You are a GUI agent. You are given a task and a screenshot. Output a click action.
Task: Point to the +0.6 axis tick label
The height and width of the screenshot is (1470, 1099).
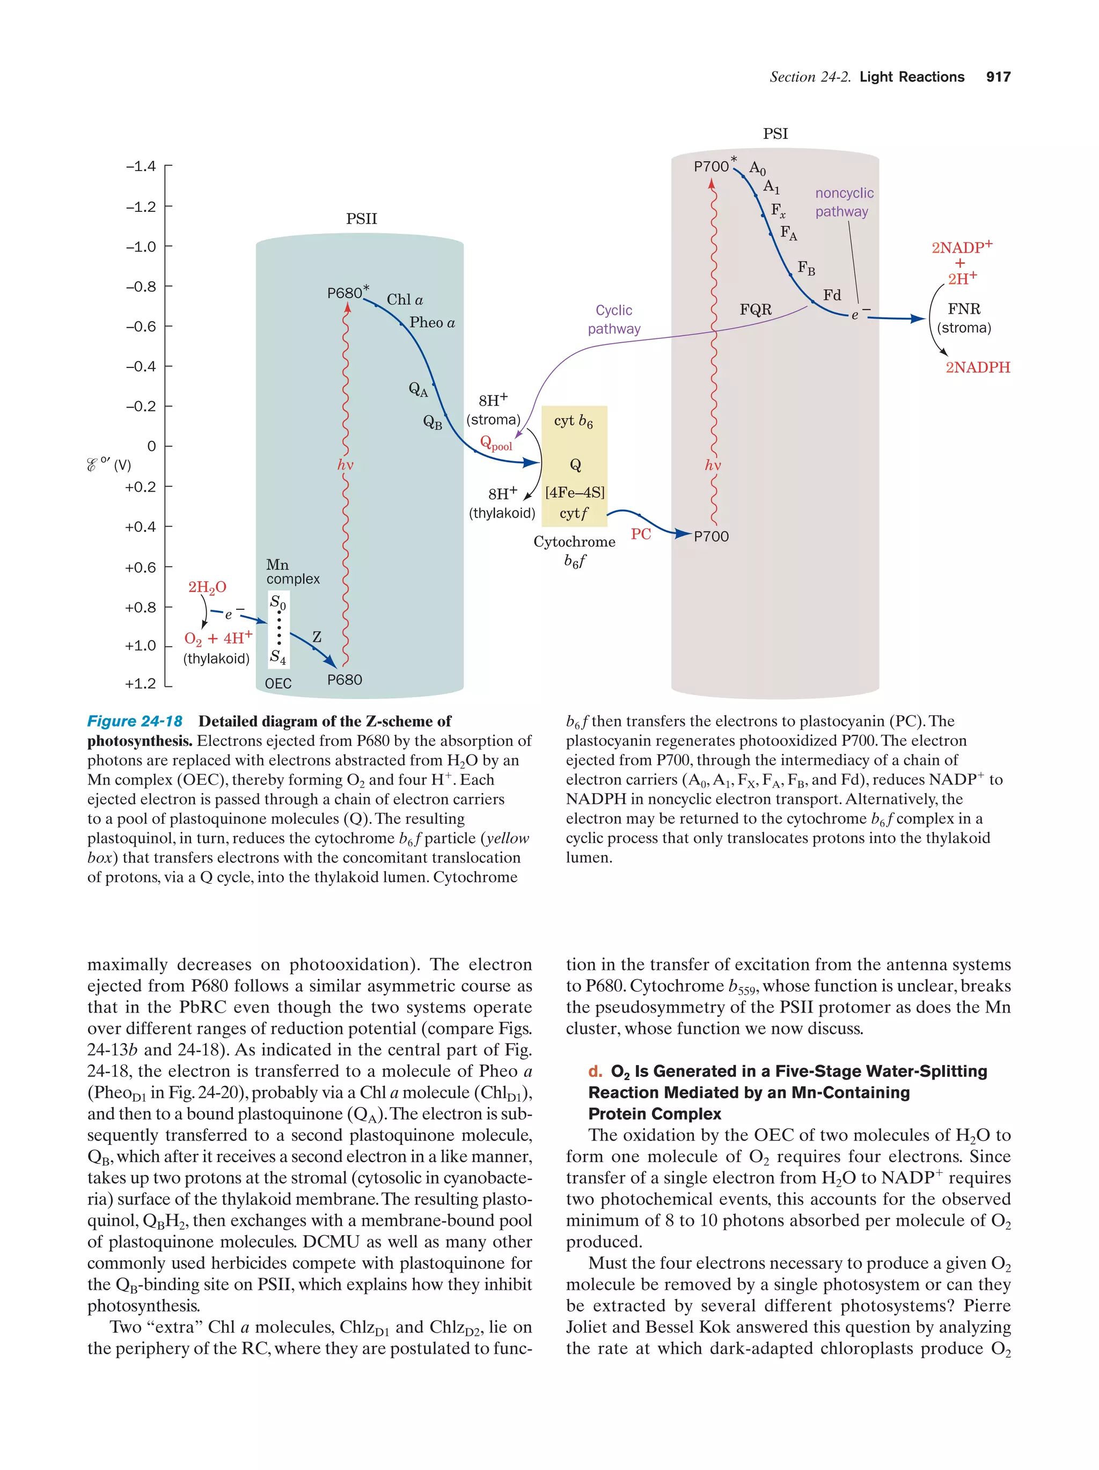click(140, 567)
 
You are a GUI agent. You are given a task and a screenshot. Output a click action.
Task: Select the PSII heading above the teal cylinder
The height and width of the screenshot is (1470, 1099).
click(361, 219)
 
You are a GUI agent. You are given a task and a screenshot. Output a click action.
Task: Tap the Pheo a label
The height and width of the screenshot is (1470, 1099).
click(432, 322)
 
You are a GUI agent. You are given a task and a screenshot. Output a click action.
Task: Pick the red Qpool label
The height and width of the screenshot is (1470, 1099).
click(496, 444)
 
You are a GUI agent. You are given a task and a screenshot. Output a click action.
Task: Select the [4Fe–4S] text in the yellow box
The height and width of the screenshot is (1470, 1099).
click(574, 492)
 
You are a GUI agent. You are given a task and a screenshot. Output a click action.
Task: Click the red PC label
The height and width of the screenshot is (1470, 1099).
click(640, 534)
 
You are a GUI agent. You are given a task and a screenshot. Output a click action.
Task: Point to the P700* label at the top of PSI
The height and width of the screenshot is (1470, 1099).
click(715, 166)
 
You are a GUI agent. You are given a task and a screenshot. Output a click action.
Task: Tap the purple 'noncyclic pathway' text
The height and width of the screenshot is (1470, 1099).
click(844, 202)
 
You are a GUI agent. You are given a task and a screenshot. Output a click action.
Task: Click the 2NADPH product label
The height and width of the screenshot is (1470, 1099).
click(977, 367)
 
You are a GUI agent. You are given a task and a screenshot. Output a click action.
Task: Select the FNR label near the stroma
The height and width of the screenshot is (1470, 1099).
click(963, 309)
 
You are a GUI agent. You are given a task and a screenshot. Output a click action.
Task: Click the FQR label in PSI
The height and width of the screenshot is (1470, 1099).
click(755, 309)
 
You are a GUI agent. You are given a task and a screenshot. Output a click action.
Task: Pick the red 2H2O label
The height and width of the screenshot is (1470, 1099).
click(207, 587)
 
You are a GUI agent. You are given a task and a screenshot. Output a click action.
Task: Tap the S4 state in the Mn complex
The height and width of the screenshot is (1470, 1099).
click(278, 658)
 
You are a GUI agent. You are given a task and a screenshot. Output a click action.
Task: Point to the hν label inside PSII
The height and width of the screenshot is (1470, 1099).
click(345, 465)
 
